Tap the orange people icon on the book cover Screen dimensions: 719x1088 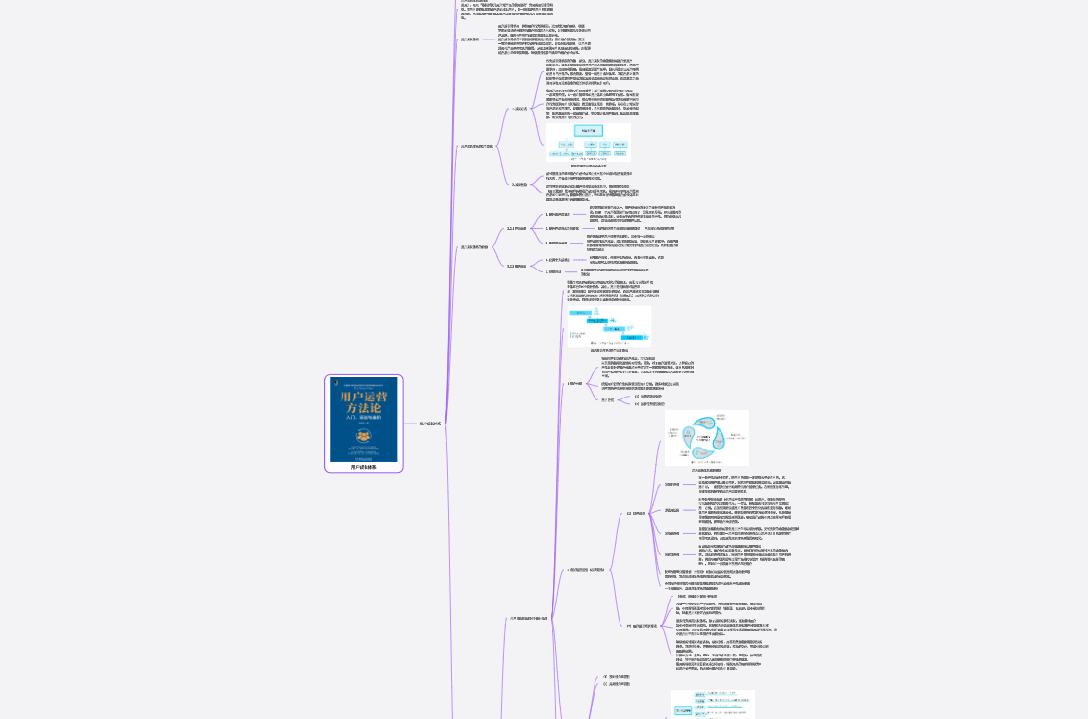(364, 436)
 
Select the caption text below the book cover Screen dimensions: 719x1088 (364, 467)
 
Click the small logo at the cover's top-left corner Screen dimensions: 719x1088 (335, 380)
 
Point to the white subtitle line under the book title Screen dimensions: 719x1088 (364, 419)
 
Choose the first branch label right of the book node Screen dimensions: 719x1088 (431, 423)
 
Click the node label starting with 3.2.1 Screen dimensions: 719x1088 (518, 228)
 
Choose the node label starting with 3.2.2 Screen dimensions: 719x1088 (517, 265)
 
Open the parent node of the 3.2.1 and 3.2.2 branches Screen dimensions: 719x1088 (474, 246)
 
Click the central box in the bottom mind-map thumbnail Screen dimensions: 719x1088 (684, 711)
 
